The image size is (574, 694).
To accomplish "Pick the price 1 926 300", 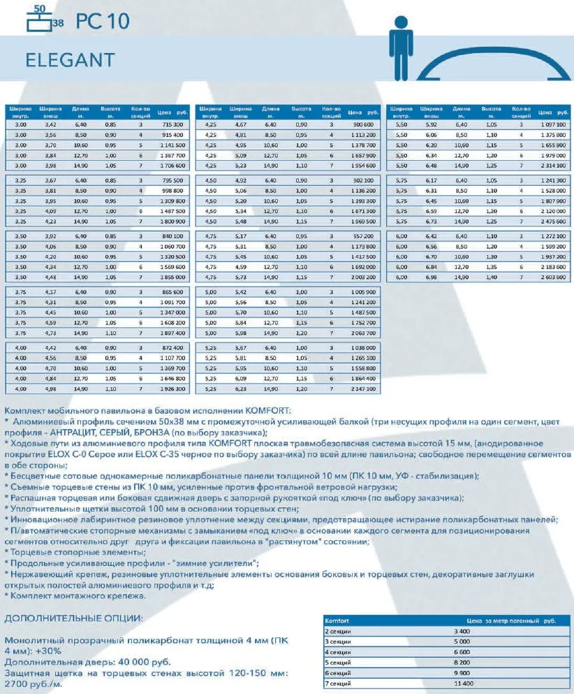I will click(x=170, y=388).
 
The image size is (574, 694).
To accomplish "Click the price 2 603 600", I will click(x=552, y=277).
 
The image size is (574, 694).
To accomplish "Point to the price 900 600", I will click(x=362, y=124).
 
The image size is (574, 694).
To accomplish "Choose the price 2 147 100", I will click(x=362, y=388).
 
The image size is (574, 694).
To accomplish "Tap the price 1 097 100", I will click(x=552, y=124).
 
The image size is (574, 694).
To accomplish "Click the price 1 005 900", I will click(x=362, y=291).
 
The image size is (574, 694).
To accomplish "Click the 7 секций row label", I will click(x=339, y=683).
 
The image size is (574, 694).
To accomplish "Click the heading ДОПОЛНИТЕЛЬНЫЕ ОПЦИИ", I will click(x=73, y=619).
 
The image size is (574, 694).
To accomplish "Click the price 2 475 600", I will click(x=552, y=222).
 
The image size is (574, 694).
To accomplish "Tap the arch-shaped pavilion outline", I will click(x=490, y=59).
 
